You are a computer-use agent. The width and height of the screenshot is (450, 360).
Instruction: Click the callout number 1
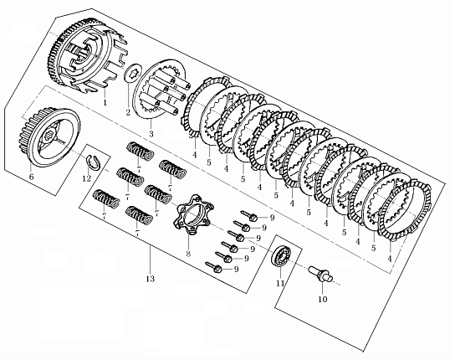tap(105, 102)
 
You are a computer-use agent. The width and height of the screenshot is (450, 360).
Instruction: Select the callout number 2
tap(128, 113)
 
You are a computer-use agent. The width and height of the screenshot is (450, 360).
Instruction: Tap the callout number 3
tap(151, 134)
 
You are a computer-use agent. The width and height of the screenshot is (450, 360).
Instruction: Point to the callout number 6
tap(31, 177)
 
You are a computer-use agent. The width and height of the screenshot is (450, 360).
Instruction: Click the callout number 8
tap(188, 254)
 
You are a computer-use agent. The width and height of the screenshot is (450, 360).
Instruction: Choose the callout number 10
tap(323, 299)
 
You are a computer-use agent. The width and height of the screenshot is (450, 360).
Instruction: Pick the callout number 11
tap(280, 283)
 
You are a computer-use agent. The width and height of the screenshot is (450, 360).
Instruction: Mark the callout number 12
tap(86, 178)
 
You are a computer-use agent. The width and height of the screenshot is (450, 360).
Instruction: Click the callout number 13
tap(150, 279)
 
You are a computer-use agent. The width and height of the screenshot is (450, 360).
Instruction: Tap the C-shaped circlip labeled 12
tap(94, 162)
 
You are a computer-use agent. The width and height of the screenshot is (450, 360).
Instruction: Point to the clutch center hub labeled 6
tap(50, 137)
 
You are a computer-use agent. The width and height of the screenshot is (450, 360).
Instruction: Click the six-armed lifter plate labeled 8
tap(193, 214)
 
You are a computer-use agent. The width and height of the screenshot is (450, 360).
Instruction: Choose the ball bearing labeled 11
tap(282, 256)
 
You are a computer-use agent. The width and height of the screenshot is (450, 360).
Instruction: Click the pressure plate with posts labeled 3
tap(159, 90)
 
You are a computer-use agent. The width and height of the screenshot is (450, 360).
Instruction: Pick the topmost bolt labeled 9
tap(248, 215)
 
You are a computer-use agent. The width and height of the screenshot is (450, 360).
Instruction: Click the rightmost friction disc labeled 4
tap(405, 212)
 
